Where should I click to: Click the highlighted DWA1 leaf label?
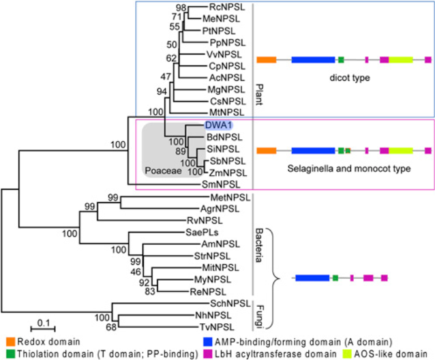pos(218,125)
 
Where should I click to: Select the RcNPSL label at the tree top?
pos(227,7)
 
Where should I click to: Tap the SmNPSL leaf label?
pos(221,184)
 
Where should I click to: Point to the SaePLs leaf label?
pos(202,232)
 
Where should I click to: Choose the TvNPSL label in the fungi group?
pos(217,327)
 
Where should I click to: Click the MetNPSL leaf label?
pos(230,198)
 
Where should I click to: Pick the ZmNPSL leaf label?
pos(228,173)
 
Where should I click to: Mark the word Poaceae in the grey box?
pos(163,171)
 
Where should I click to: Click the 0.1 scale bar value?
pos(44,323)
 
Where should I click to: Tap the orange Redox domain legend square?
pos(10,342)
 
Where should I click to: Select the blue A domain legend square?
pos(207,342)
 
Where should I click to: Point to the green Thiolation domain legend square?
pos(10,354)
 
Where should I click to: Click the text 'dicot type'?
pos(350,78)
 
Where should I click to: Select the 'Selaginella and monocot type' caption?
pos(349,169)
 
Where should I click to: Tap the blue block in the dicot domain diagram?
pos(313,59)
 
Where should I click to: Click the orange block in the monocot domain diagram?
pos(266,151)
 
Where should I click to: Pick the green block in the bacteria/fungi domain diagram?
pos(335,278)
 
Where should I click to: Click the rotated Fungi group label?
pos(260,316)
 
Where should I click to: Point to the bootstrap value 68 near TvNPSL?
pos(112,327)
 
